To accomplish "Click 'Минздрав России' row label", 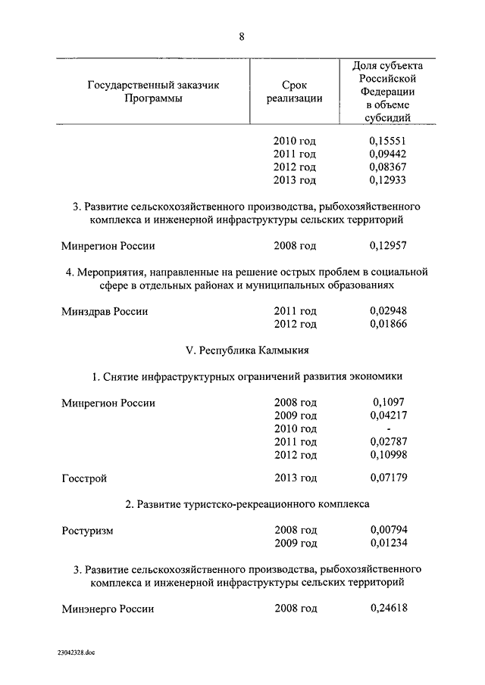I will [105, 311].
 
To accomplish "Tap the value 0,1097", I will [388, 403].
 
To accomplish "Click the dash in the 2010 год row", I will [388, 429].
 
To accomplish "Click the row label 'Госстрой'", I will [84, 478].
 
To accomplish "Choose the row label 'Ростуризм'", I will [87, 531].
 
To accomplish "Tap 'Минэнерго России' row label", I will [108, 609].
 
